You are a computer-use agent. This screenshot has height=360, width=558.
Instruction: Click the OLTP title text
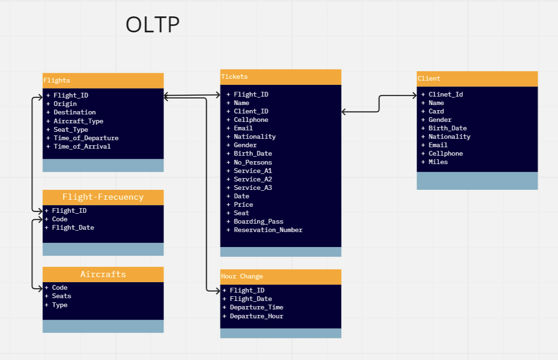point(153,24)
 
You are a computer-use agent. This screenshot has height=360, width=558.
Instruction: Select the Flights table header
point(103,81)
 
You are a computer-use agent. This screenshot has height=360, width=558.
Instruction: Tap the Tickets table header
point(281,77)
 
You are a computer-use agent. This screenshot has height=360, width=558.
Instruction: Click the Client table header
point(477,79)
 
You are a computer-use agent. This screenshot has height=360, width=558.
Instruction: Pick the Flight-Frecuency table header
point(103,197)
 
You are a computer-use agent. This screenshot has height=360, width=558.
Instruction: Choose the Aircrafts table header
point(103,274)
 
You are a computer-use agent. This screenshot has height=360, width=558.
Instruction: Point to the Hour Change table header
point(281,277)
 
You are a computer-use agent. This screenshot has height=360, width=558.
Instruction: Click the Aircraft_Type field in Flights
point(78,121)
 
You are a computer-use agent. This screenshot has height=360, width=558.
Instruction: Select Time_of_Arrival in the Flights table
point(82,146)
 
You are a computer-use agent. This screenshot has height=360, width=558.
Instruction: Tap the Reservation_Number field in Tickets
point(268,230)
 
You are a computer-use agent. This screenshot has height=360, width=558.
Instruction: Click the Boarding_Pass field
point(258,221)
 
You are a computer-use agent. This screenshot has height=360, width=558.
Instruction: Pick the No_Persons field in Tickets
point(253,162)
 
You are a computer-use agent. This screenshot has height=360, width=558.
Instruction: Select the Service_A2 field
point(253,179)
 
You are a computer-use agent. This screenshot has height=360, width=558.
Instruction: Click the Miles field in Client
point(438,162)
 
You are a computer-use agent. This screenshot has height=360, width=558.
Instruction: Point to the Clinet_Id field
point(446,94)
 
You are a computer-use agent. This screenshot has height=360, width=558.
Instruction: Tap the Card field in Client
point(436,111)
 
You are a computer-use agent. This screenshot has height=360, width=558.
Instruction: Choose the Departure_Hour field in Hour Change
point(256,316)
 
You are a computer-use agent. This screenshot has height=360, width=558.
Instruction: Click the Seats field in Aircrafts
point(61,296)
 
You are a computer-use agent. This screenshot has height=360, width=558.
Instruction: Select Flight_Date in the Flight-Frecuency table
point(73,227)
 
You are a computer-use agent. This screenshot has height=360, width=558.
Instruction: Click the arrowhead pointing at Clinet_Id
point(415,96)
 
